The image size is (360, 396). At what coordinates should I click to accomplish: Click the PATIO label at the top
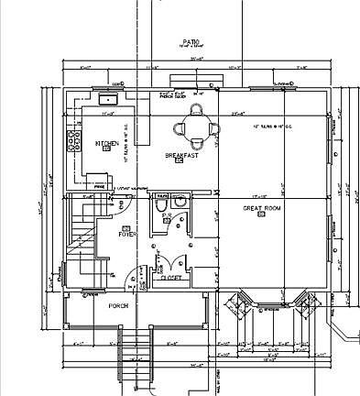tap(191, 42)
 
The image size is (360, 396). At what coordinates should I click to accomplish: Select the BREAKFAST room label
tap(181, 156)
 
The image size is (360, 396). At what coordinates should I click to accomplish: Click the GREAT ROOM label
tap(260, 209)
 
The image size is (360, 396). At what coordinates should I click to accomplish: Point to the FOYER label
tap(127, 234)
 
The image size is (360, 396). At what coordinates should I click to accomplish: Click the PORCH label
tap(118, 305)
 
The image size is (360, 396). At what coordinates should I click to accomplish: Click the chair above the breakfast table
tap(196, 107)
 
